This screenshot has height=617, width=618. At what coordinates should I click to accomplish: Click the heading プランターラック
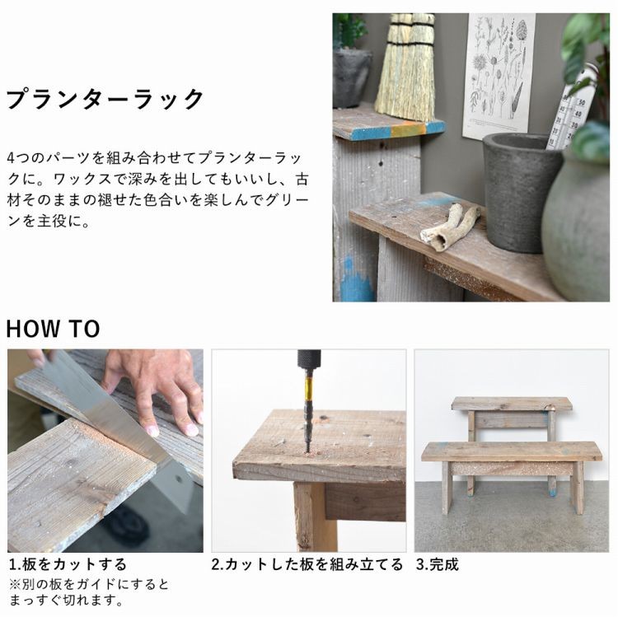pos(105,100)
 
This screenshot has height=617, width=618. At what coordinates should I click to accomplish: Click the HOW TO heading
pos(53,329)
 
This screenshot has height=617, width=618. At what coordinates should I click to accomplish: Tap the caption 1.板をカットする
pos(68,564)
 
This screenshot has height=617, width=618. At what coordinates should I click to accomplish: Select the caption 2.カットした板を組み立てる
pos(307,564)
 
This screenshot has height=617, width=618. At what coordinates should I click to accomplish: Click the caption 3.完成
pos(437,564)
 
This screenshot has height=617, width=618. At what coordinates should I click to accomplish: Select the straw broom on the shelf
pos(405,70)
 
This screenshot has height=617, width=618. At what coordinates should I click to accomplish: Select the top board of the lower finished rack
pos(511,451)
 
